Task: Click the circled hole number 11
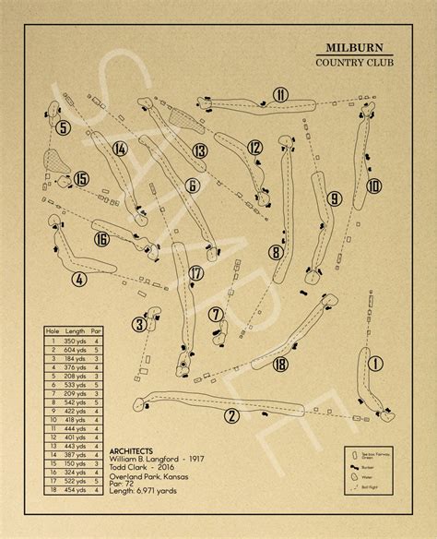tap(280, 92)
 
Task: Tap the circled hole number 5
tap(63, 128)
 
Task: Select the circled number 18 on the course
tap(281, 365)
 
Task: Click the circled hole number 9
tap(334, 198)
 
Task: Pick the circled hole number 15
tap(82, 179)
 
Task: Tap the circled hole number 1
tap(374, 364)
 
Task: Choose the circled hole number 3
tap(140, 324)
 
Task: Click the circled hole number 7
tap(216, 315)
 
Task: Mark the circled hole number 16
tap(101, 240)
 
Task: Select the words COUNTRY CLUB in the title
tap(353, 64)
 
